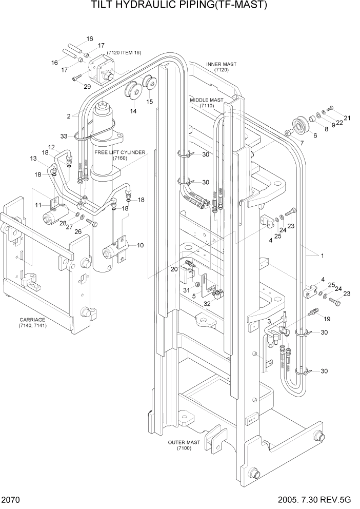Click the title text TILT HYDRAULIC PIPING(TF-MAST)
coord(179,6)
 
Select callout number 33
coord(64,136)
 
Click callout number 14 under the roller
coord(133,111)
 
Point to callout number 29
coord(87,87)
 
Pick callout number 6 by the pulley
coord(314,135)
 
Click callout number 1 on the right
coord(322,255)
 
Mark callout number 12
coord(51,147)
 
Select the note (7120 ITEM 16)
coord(124,53)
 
